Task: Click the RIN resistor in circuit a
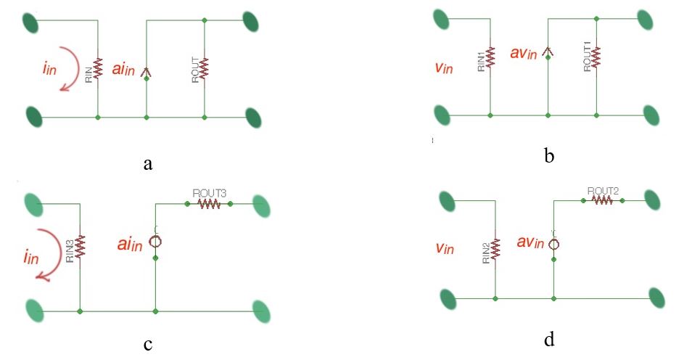click(98, 69)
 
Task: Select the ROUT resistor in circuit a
click(204, 69)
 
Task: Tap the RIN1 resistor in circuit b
click(490, 57)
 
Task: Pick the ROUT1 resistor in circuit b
click(596, 56)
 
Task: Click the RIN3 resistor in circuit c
click(80, 245)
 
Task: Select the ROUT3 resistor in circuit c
click(210, 204)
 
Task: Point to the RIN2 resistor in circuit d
click(495, 249)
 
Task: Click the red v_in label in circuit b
click(444, 67)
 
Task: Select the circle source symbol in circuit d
click(553, 244)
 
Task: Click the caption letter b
click(548, 155)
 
